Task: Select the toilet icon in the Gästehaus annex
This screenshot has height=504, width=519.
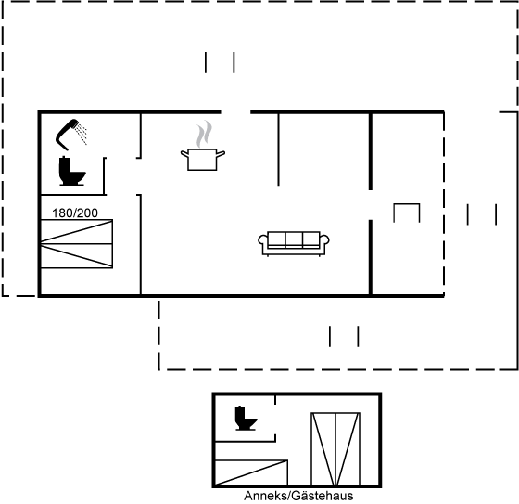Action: (246, 419)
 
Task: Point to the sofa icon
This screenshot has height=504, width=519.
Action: (294, 244)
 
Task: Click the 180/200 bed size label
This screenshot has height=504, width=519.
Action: (75, 213)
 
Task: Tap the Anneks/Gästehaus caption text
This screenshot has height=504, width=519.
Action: (298, 496)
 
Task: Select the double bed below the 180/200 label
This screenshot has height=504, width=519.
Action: (76, 244)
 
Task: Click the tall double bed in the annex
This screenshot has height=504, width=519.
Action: (335, 448)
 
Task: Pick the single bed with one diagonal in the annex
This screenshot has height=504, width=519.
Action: (251, 472)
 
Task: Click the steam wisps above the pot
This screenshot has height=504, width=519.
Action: (204, 134)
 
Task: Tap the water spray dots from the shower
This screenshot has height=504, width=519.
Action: (82, 134)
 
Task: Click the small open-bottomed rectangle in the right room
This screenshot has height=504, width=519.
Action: (407, 204)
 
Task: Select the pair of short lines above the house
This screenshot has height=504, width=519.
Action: (220, 62)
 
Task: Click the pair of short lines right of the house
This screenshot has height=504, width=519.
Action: (482, 214)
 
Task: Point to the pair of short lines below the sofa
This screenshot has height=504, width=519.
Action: (344, 337)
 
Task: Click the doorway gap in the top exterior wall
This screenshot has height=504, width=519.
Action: (235, 112)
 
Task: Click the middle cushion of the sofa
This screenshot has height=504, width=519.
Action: (294, 239)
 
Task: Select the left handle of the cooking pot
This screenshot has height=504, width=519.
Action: (184, 154)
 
